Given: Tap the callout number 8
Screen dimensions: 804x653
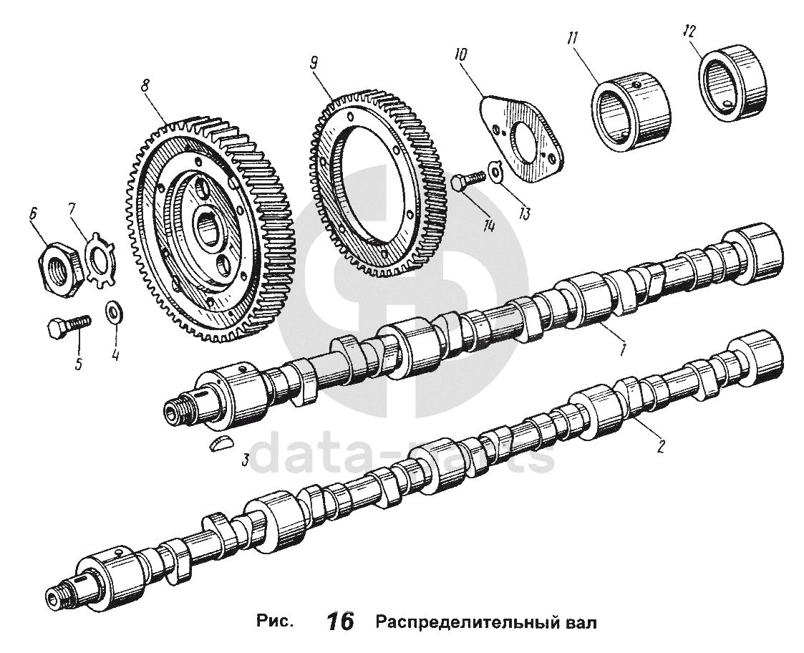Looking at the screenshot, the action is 145,84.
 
